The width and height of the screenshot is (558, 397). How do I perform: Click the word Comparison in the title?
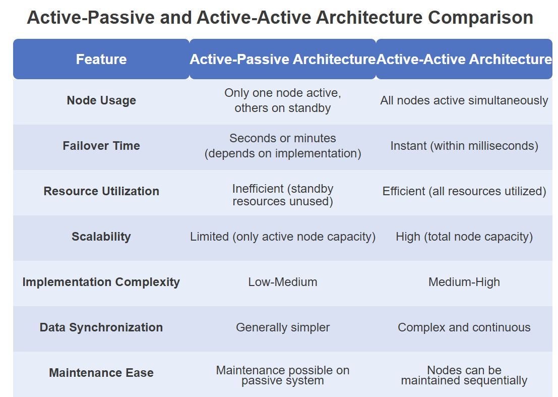480,18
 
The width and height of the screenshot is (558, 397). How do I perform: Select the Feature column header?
101,59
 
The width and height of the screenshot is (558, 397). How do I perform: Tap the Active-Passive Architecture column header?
283,59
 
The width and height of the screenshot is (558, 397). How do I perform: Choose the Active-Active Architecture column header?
464,59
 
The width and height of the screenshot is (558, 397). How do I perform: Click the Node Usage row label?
101,100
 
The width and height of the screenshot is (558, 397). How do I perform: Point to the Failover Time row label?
101,146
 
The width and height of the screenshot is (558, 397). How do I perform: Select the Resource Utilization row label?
101,191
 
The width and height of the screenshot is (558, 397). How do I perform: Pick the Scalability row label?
101,237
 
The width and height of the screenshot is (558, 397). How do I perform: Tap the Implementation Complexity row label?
101,282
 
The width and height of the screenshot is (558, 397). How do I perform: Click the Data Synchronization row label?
101,327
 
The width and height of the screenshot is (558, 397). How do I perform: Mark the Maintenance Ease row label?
101,373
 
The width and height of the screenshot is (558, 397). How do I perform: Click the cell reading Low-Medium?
283,282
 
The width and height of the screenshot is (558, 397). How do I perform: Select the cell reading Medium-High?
464,282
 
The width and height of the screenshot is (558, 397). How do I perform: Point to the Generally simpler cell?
283,327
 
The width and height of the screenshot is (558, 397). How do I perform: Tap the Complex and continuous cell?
464,327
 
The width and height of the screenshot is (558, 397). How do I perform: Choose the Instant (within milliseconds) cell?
464,146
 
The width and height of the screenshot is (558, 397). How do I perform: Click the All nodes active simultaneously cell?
464,100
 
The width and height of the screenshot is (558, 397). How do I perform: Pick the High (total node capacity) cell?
464,237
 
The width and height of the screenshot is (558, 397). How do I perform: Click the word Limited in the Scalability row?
209,237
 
